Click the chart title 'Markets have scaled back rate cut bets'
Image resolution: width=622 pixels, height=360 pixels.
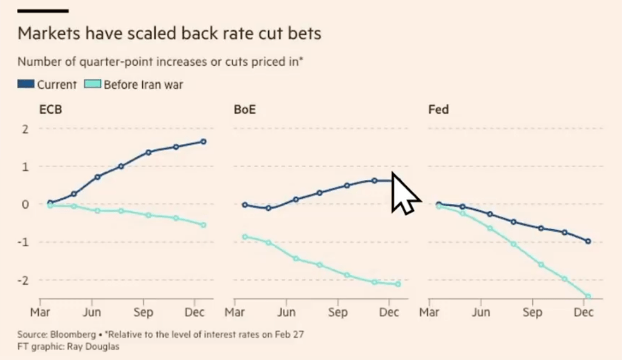[169, 33]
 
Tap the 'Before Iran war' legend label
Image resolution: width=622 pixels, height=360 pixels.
[143, 85]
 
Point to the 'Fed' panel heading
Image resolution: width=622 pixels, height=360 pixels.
[438, 110]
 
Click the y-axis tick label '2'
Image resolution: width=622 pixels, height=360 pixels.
[26, 129]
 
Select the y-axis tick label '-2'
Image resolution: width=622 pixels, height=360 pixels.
[24, 280]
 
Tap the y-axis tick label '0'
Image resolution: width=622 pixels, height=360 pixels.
[26, 204]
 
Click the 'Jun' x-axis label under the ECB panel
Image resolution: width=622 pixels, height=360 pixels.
[92, 313]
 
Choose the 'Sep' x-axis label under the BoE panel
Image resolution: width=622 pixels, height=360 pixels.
[337, 313]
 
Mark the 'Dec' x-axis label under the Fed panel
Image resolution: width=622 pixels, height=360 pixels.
[584, 313]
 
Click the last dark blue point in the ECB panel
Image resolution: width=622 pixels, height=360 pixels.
[204, 142]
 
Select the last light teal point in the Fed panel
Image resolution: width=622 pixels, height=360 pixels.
[588, 297]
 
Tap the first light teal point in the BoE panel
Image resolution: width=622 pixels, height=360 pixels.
[245, 237]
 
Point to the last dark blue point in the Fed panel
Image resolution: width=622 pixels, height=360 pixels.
[588, 241]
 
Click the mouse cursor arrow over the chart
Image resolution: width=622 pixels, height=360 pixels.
[404, 192]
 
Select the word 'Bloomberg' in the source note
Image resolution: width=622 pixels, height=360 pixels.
[66, 334]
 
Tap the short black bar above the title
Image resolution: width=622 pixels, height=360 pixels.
[43, 10]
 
